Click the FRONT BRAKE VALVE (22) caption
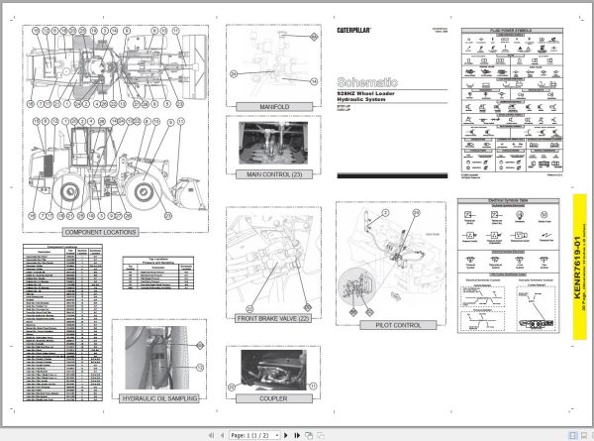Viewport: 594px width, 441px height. point(270,319)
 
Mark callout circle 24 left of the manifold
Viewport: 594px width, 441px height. point(234,73)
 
